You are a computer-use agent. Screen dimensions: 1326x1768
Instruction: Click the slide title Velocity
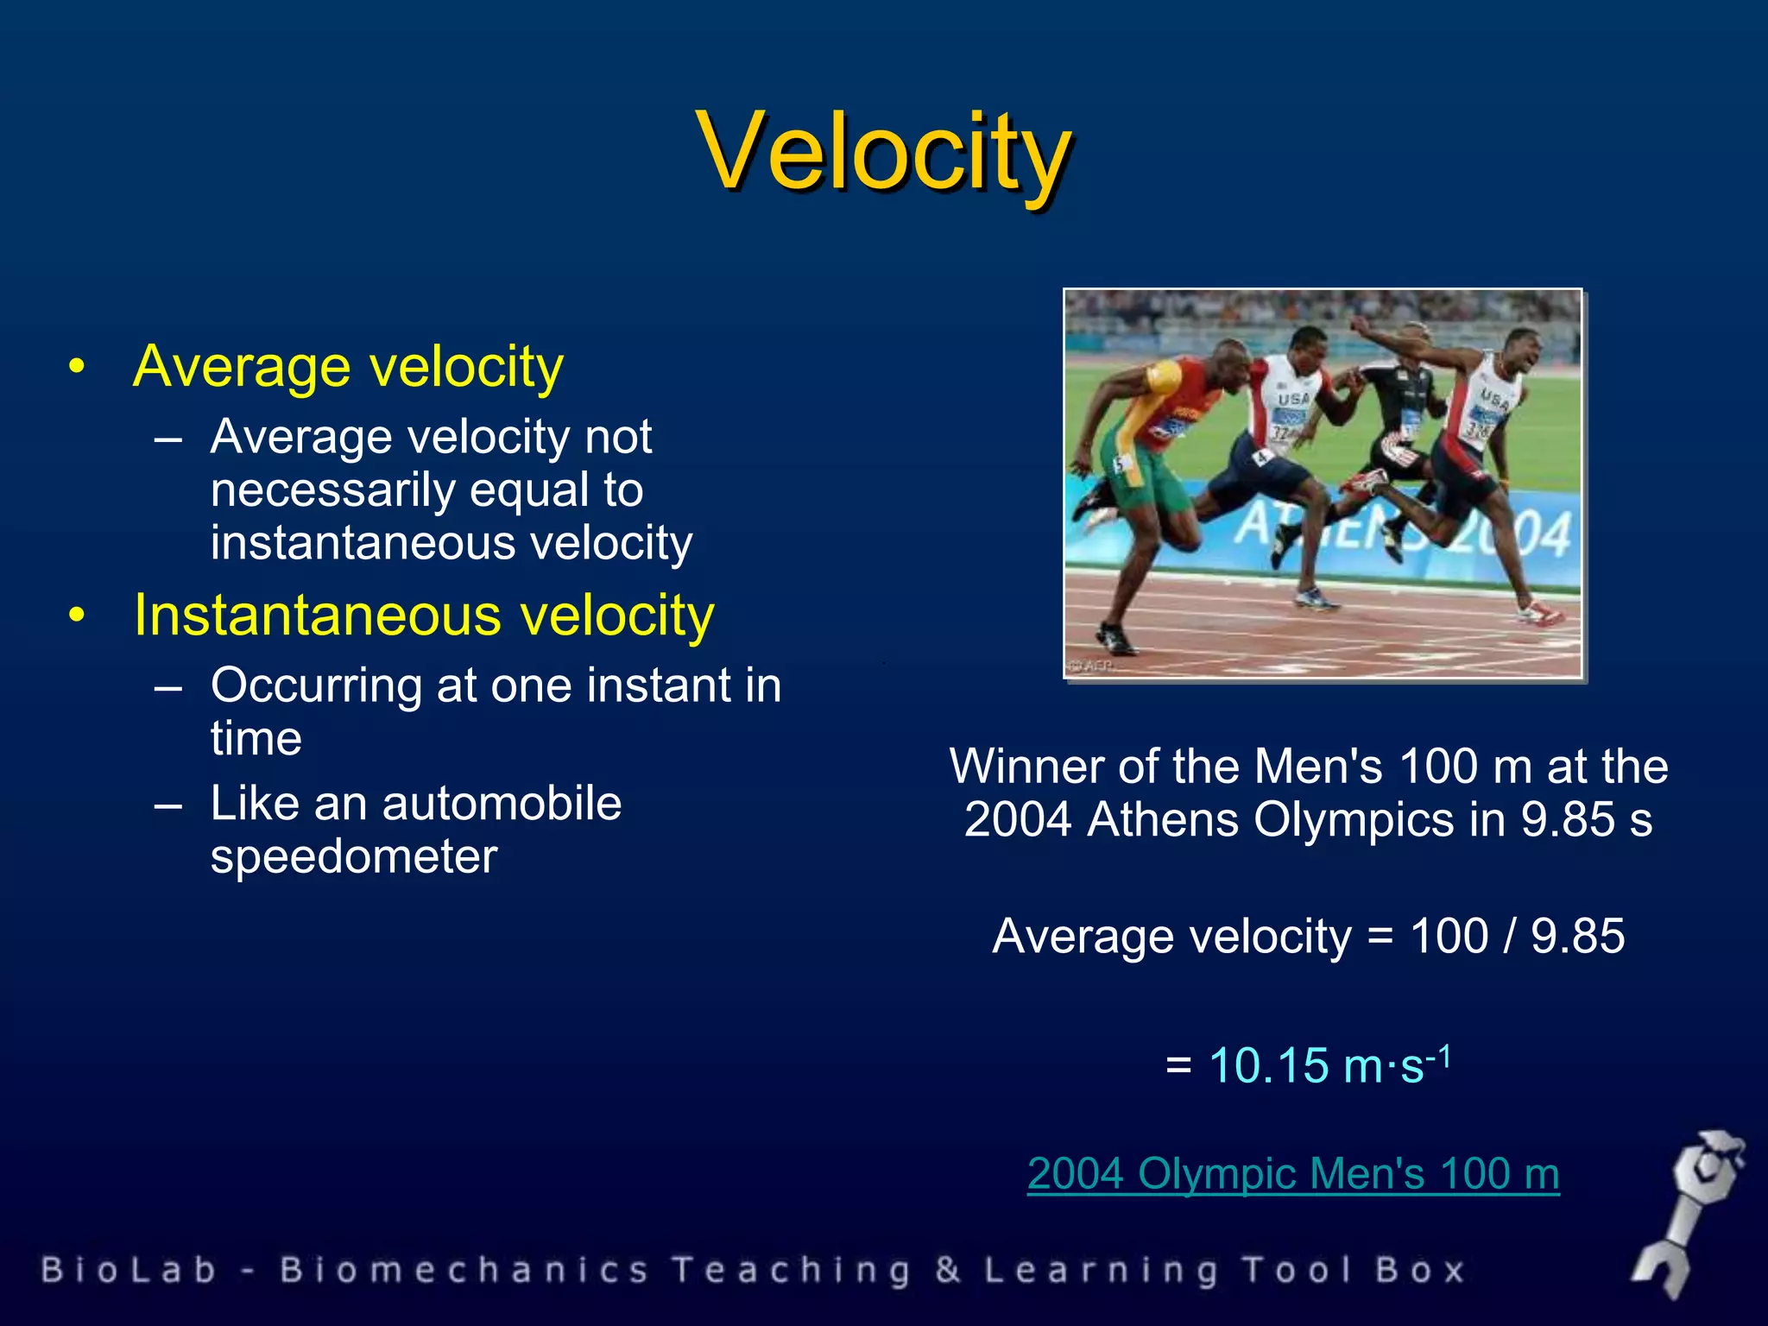(884, 152)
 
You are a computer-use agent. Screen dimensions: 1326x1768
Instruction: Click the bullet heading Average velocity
(348, 367)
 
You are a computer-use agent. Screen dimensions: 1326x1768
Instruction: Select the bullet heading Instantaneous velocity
(424, 616)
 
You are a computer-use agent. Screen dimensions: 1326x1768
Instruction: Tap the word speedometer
(354, 857)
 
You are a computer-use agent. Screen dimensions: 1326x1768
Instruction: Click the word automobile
(501, 804)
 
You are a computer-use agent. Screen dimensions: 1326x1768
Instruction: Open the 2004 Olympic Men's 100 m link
(1293, 1174)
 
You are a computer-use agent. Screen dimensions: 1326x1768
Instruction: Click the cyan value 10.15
(1268, 1065)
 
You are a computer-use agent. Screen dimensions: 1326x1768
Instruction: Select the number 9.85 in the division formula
(1577, 937)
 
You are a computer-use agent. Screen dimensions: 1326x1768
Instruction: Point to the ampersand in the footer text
(947, 1271)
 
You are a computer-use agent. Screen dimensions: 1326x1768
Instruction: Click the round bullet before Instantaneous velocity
(78, 616)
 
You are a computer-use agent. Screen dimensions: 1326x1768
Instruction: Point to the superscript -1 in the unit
(1439, 1056)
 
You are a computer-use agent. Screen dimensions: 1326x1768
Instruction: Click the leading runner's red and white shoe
(1541, 612)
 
